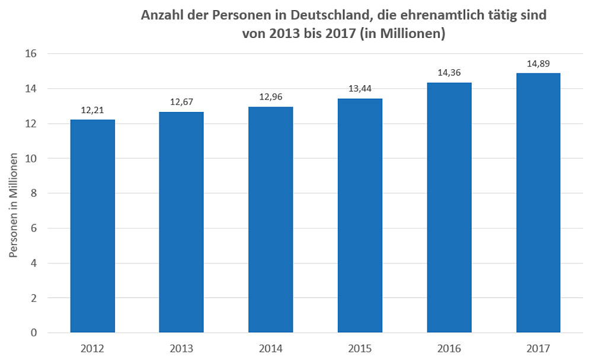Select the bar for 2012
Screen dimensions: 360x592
click(92, 226)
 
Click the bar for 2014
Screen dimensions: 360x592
click(271, 220)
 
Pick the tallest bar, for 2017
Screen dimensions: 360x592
click(538, 202)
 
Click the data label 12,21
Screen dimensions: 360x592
click(92, 110)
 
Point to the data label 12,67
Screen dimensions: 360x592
click(181, 102)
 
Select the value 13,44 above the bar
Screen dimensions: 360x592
click(360, 88)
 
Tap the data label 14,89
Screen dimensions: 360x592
click(538, 63)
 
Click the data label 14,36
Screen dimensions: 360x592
click(449, 72)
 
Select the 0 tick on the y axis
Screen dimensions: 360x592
click(34, 333)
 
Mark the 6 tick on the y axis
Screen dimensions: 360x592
click(34, 229)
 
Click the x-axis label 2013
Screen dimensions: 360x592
click(181, 348)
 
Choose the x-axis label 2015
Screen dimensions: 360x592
click(360, 348)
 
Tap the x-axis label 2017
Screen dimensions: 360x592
click(538, 348)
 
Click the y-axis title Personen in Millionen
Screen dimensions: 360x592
click(14, 201)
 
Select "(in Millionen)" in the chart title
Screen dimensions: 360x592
click(402, 34)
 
